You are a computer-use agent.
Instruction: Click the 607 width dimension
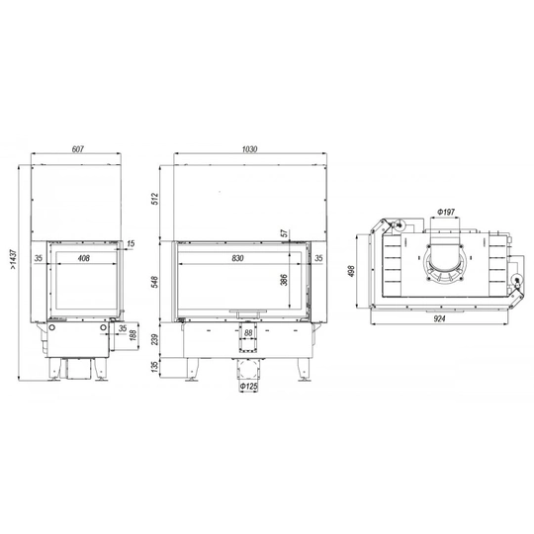pyautogui.click(x=78, y=149)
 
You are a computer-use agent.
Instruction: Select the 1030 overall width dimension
pyautogui.click(x=249, y=149)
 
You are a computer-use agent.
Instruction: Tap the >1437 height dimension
pyautogui.click(x=13, y=259)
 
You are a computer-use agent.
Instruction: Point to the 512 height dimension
pyautogui.click(x=155, y=199)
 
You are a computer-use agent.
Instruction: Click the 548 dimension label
pyautogui.click(x=155, y=282)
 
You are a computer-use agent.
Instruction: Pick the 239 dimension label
pyautogui.click(x=155, y=339)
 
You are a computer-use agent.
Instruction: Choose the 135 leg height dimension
pyautogui.click(x=155, y=367)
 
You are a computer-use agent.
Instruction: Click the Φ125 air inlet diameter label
pyautogui.click(x=248, y=387)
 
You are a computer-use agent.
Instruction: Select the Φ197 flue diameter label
pyautogui.click(x=446, y=213)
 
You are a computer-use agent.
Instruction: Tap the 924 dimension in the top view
pyautogui.click(x=439, y=318)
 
